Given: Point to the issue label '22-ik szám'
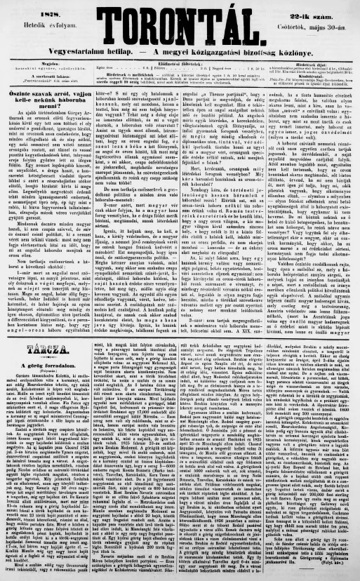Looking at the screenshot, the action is (x=319, y=8).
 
